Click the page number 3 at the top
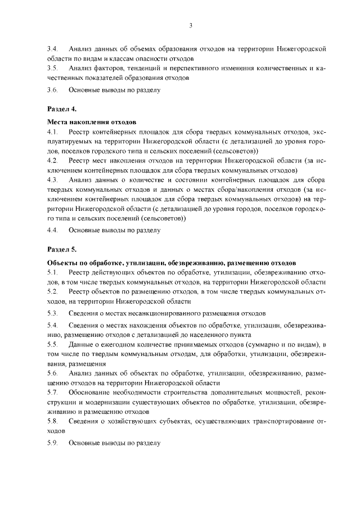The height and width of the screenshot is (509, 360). pos(191,25)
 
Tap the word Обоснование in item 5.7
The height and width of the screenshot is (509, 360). pos(92,391)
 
